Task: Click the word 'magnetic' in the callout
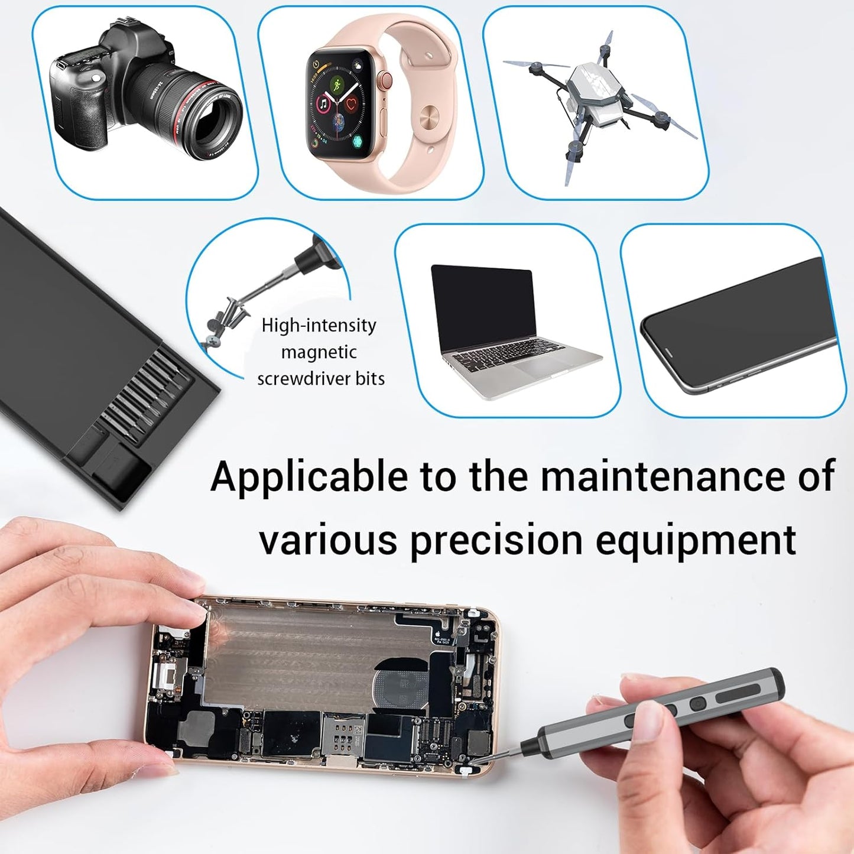319,352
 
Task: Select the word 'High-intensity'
319,325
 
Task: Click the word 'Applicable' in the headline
309,476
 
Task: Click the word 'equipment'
696,540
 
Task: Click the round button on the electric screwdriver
698,704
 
